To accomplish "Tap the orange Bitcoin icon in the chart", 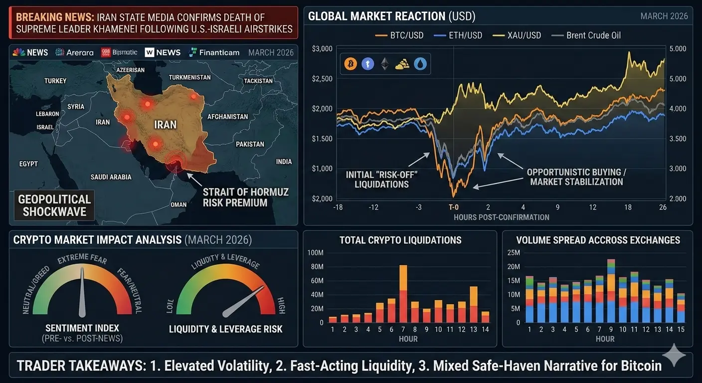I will coord(351,64).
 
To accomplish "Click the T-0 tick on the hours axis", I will coord(453,207).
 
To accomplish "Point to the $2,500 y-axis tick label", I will coord(322,79).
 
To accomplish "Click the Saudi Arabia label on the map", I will coord(111,177).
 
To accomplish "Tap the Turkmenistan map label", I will coord(189,77).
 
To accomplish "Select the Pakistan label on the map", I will coord(250,144).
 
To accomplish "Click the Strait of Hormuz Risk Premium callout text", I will coord(245,197).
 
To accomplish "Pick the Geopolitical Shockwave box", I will coord(54,205).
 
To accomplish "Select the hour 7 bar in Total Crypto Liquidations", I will coord(403,294).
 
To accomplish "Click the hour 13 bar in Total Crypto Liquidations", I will coord(474,304).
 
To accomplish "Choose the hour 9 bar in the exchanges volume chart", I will coord(611,291).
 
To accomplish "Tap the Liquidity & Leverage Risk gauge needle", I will coord(243,302).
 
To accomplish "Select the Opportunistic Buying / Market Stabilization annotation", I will coord(576,177).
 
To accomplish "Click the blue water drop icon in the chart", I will coord(420,64).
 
